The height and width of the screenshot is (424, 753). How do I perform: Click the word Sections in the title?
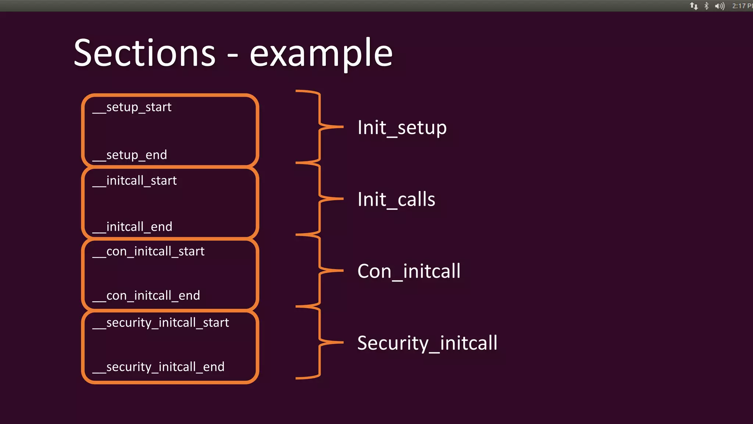[x=144, y=54]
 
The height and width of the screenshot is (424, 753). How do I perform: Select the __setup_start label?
[x=132, y=107]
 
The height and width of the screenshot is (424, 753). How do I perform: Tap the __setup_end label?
[x=130, y=155]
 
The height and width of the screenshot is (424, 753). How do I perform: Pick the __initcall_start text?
[x=135, y=181]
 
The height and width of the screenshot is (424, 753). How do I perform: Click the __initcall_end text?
[x=132, y=227]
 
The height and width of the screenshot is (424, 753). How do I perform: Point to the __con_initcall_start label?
[x=149, y=251]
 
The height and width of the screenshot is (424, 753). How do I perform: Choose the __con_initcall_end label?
[x=146, y=296]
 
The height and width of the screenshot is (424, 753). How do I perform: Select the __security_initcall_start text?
[x=161, y=323]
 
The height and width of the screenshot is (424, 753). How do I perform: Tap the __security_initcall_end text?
[x=158, y=367]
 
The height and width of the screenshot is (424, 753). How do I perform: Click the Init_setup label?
[x=402, y=128]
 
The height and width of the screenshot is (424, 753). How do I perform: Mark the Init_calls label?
[x=396, y=199]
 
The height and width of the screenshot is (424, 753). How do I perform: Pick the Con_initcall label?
[x=409, y=271]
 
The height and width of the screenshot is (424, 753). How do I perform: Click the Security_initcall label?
[x=427, y=343]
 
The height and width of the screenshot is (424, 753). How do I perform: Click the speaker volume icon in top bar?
[x=719, y=6]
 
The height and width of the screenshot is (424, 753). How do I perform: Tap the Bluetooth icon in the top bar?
[x=706, y=6]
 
